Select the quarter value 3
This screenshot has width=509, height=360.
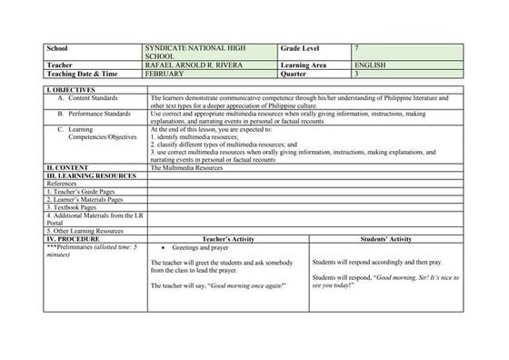[359, 73]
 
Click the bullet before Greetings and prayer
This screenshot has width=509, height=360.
[162, 247]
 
